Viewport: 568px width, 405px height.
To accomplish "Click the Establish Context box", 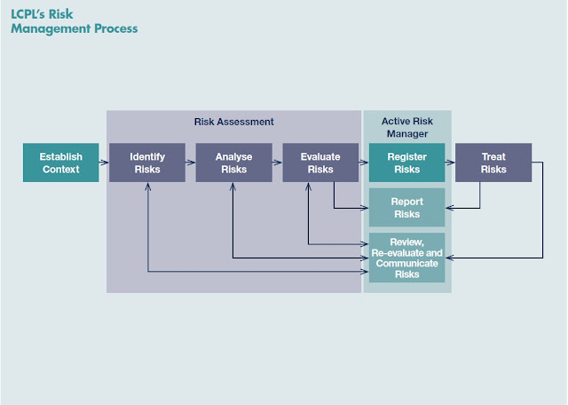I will (x=59, y=163).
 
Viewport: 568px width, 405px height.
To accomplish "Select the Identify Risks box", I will (x=147, y=163).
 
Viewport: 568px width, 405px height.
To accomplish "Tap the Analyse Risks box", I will (x=233, y=163).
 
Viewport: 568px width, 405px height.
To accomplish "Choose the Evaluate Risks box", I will (x=320, y=163).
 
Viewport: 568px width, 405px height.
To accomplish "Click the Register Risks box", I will (x=406, y=163).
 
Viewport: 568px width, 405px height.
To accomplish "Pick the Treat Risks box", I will (x=493, y=163).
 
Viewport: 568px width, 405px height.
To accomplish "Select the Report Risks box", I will (x=406, y=207).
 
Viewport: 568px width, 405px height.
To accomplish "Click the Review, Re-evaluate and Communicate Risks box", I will (x=406, y=258).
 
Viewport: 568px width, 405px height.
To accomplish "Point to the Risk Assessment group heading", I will (x=234, y=121).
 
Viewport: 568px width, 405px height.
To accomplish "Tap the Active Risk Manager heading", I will (x=406, y=127).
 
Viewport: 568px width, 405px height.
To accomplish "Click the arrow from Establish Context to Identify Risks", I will (x=103, y=163).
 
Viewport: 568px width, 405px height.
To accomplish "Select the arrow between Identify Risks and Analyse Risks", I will (x=190, y=163).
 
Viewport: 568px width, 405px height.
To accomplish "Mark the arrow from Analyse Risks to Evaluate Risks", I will (x=277, y=163).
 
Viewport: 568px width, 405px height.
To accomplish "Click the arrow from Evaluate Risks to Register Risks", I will (x=363, y=163).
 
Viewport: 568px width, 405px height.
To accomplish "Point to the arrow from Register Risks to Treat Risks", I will (x=450, y=163).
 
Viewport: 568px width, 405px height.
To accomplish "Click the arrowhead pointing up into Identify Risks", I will (x=147, y=187).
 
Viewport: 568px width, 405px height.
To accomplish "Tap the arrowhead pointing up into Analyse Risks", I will (x=233, y=187).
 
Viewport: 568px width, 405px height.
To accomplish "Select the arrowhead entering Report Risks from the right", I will (x=449, y=208).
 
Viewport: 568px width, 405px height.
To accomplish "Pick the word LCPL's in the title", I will (x=29, y=14).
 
